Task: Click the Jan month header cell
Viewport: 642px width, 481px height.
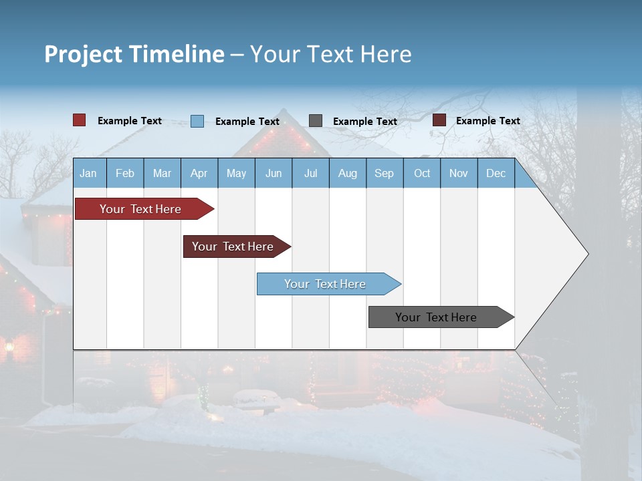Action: click(89, 173)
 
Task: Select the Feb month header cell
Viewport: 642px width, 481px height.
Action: click(125, 173)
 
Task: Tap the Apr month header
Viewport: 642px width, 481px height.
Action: click(199, 173)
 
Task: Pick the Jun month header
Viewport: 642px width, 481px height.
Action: click(274, 173)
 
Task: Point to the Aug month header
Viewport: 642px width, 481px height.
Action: click(348, 173)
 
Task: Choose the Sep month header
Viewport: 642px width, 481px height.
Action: click(385, 173)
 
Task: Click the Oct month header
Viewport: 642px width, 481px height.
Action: click(422, 173)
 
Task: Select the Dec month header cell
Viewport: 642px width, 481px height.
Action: click(496, 173)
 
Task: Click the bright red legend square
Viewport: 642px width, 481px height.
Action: click(80, 120)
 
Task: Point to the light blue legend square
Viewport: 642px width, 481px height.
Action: click(197, 121)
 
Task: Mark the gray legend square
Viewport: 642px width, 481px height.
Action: click(316, 120)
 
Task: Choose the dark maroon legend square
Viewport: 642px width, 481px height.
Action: click(439, 120)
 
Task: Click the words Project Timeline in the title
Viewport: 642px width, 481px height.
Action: click(134, 54)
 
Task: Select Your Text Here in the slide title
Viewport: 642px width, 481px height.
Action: click(330, 54)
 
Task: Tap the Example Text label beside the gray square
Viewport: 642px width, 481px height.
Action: click(365, 122)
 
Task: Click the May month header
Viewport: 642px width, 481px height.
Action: click(236, 173)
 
